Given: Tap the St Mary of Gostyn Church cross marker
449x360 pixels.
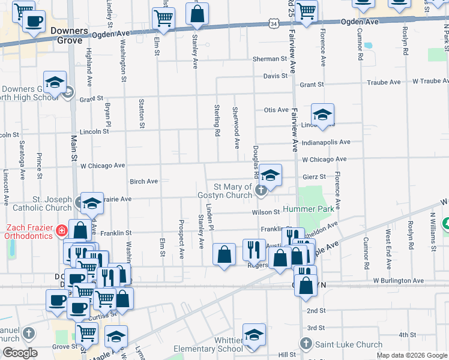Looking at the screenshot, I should click(x=261, y=191).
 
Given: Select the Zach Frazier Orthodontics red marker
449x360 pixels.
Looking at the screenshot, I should click(x=61, y=230).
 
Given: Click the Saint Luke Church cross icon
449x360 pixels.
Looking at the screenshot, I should click(x=306, y=344).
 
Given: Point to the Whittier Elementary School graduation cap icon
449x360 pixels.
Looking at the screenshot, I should click(x=254, y=336).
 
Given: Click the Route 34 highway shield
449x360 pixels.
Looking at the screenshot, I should click(x=274, y=23).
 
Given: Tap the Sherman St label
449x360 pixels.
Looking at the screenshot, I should click(x=270, y=59).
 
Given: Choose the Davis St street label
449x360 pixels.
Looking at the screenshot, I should click(x=276, y=76).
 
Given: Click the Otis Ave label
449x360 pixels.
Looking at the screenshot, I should click(x=276, y=110).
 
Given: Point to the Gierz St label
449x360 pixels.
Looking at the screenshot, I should click(x=314, y=177).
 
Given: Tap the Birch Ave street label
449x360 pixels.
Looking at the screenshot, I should click(x=143, y=181).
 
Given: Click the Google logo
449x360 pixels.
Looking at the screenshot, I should click(x=20, y=353).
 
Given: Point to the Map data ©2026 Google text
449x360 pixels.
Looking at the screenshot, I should click(x=411, y=355).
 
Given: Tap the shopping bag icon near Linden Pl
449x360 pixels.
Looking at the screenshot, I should click(x=224, y=254).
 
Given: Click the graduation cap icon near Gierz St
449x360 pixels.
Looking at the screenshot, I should click(x=270, y=176).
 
